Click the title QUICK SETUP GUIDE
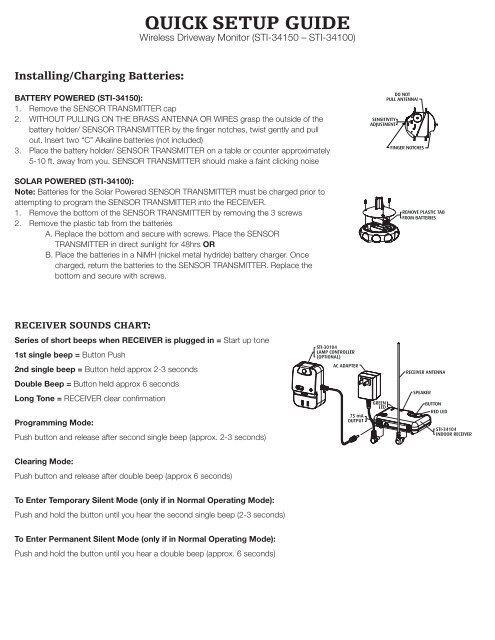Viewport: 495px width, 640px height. pos(247,22)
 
